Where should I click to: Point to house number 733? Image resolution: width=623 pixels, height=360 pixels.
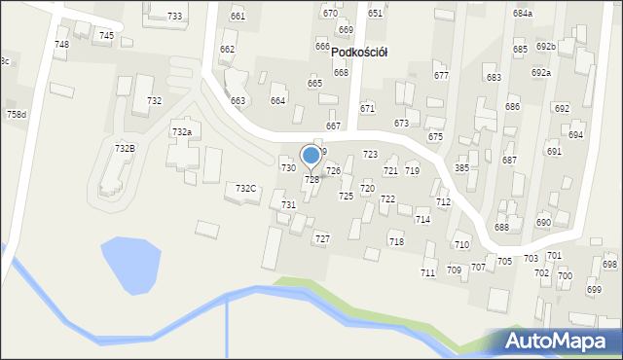tap(174, 17)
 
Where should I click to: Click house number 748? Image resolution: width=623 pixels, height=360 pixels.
tap(61, 45)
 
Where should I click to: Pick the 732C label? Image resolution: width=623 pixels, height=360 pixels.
tap(246, 188)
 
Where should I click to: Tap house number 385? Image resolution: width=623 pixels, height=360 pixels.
tap(461, 167)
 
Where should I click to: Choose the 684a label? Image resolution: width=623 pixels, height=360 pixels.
tap(523, 14)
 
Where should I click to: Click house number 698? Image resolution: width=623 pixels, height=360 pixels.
tap(609, 265)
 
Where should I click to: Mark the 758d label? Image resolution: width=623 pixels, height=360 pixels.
tap(17, 115)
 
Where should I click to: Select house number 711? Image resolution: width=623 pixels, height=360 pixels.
tap(427, 273)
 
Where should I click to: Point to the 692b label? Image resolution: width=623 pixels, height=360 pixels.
tap(545, 47)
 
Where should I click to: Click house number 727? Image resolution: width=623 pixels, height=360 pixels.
tap(321, 238)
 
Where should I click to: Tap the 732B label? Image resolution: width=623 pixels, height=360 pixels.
tap(125, 148)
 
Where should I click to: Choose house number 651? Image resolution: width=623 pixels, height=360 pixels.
tap(375, 14)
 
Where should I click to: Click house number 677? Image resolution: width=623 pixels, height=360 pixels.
tap(441, 75)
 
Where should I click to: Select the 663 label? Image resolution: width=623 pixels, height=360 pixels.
tap(238, 100)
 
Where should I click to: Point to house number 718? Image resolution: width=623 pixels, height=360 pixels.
tap(395, 241)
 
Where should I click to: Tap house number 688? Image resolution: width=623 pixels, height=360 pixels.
tap(501, 227)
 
